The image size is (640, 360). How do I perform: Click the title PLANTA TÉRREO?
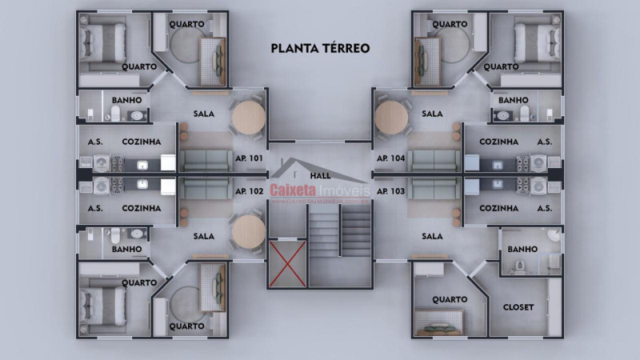pos(320,48)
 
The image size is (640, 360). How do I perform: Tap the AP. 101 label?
pos(250,159)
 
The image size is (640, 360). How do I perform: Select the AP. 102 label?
pos(250,191)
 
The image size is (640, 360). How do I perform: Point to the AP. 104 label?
pos(390,159)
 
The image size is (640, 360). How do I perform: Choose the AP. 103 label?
pos(390,191)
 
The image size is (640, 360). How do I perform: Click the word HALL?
pos(320,175)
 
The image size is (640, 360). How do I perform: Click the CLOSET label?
pos(518,307)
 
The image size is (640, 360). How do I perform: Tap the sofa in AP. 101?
pos(206,159)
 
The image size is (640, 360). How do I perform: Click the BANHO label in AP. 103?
pos(522,250)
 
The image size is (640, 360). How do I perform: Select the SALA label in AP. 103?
pos(432,236)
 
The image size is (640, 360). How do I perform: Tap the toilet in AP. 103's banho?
pos(521,264)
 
